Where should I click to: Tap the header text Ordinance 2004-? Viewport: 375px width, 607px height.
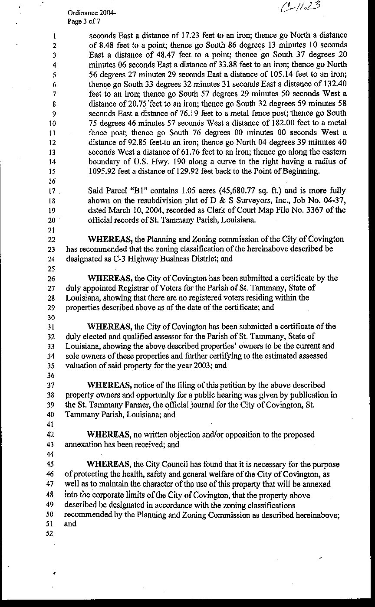[91, 13]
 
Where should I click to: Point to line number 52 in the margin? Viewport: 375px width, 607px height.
[49, 533]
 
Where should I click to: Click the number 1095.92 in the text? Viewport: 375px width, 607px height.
[104, 171]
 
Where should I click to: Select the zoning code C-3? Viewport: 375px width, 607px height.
[106, 259]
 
